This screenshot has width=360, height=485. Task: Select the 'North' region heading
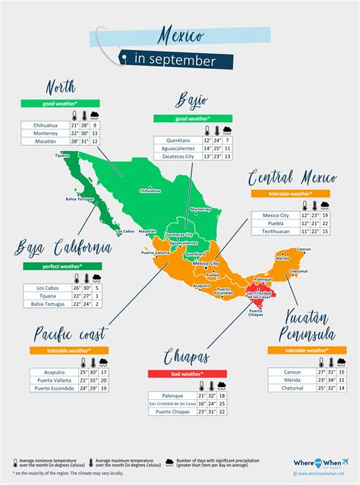pyautogui.click(x=61, y=86)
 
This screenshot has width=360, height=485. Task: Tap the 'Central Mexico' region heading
pyautogui.click(x=292, y=179)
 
